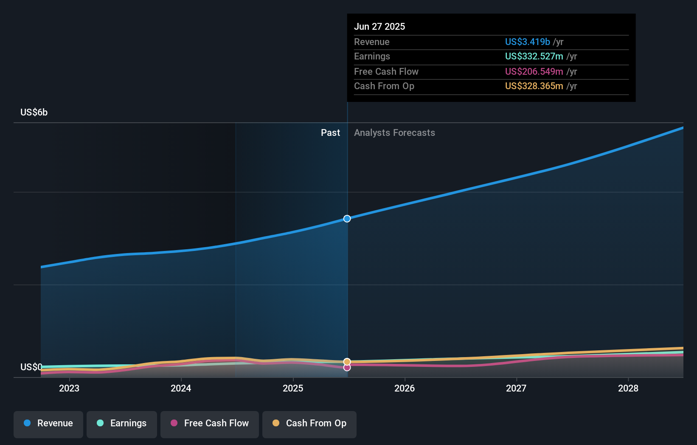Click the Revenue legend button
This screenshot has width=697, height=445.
(48, 423)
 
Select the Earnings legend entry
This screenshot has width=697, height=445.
(122, 423)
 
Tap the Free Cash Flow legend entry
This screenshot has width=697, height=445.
(210, 423)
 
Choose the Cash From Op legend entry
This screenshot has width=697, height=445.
(309, 423)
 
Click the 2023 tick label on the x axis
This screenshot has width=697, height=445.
(69, 388)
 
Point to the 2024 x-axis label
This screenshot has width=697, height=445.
(181, 388)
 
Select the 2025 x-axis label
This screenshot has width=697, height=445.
(293, 388)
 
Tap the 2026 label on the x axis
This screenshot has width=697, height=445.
(405, 388)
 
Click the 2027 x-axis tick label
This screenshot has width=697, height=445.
(516, 388)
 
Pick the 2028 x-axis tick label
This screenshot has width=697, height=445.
(628, 388)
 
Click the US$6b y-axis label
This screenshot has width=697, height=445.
(34, 112)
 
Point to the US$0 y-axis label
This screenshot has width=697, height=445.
(31, 367)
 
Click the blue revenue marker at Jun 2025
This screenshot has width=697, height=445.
(347, 219)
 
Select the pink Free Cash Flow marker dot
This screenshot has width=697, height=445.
(347, 368)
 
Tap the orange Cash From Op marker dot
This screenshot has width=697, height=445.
(347, 362)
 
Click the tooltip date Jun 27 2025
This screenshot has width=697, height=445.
(379, 26)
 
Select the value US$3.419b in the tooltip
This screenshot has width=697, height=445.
(527, 42)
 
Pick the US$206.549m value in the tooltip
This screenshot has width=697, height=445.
(534, 71)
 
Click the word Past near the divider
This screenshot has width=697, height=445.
(330, 132)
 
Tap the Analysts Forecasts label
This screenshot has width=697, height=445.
(394, 132)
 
